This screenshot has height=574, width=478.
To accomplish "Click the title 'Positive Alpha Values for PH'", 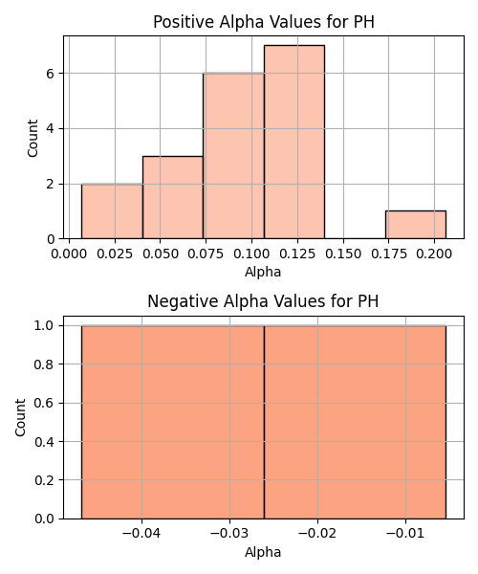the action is (x=264, y=22).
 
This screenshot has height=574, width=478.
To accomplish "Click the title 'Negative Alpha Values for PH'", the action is (x=263, y=301).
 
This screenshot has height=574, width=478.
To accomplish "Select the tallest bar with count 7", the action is (x=294, y=142).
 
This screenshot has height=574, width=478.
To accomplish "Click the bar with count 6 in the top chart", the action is (x=233, y=156).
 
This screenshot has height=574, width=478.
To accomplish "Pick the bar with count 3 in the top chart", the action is (x=173, y=197).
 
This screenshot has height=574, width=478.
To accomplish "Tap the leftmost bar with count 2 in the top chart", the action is (x=112, y=211).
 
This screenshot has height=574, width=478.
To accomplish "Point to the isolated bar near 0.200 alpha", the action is (x=416, y=225).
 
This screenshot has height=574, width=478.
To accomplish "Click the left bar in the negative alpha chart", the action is (x=173, y=422).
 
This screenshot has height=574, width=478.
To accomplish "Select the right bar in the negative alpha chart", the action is (x=355, y=422).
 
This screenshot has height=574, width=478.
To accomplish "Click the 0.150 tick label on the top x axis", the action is (x=343, y=254).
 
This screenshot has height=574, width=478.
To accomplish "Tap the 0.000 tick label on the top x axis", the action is (x=69, y=254).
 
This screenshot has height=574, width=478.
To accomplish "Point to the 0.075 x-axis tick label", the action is (x=206, y=254).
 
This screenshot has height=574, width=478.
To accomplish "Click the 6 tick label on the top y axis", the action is (x=50, y=74).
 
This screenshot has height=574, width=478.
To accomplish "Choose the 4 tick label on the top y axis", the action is (x=50, y=129).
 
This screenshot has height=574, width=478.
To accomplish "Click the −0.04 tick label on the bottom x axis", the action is (x=141, y=534).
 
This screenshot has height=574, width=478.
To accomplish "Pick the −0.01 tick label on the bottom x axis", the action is (x=405, y=534).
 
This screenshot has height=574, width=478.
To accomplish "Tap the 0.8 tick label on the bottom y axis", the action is (x=44, y=364).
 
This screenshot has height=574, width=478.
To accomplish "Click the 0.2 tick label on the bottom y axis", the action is (x=44, y=480).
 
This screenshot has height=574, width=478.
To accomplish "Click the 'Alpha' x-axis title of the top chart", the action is (x=263, y=272).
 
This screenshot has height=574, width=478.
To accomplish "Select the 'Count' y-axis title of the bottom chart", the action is (x=20, y=418).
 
